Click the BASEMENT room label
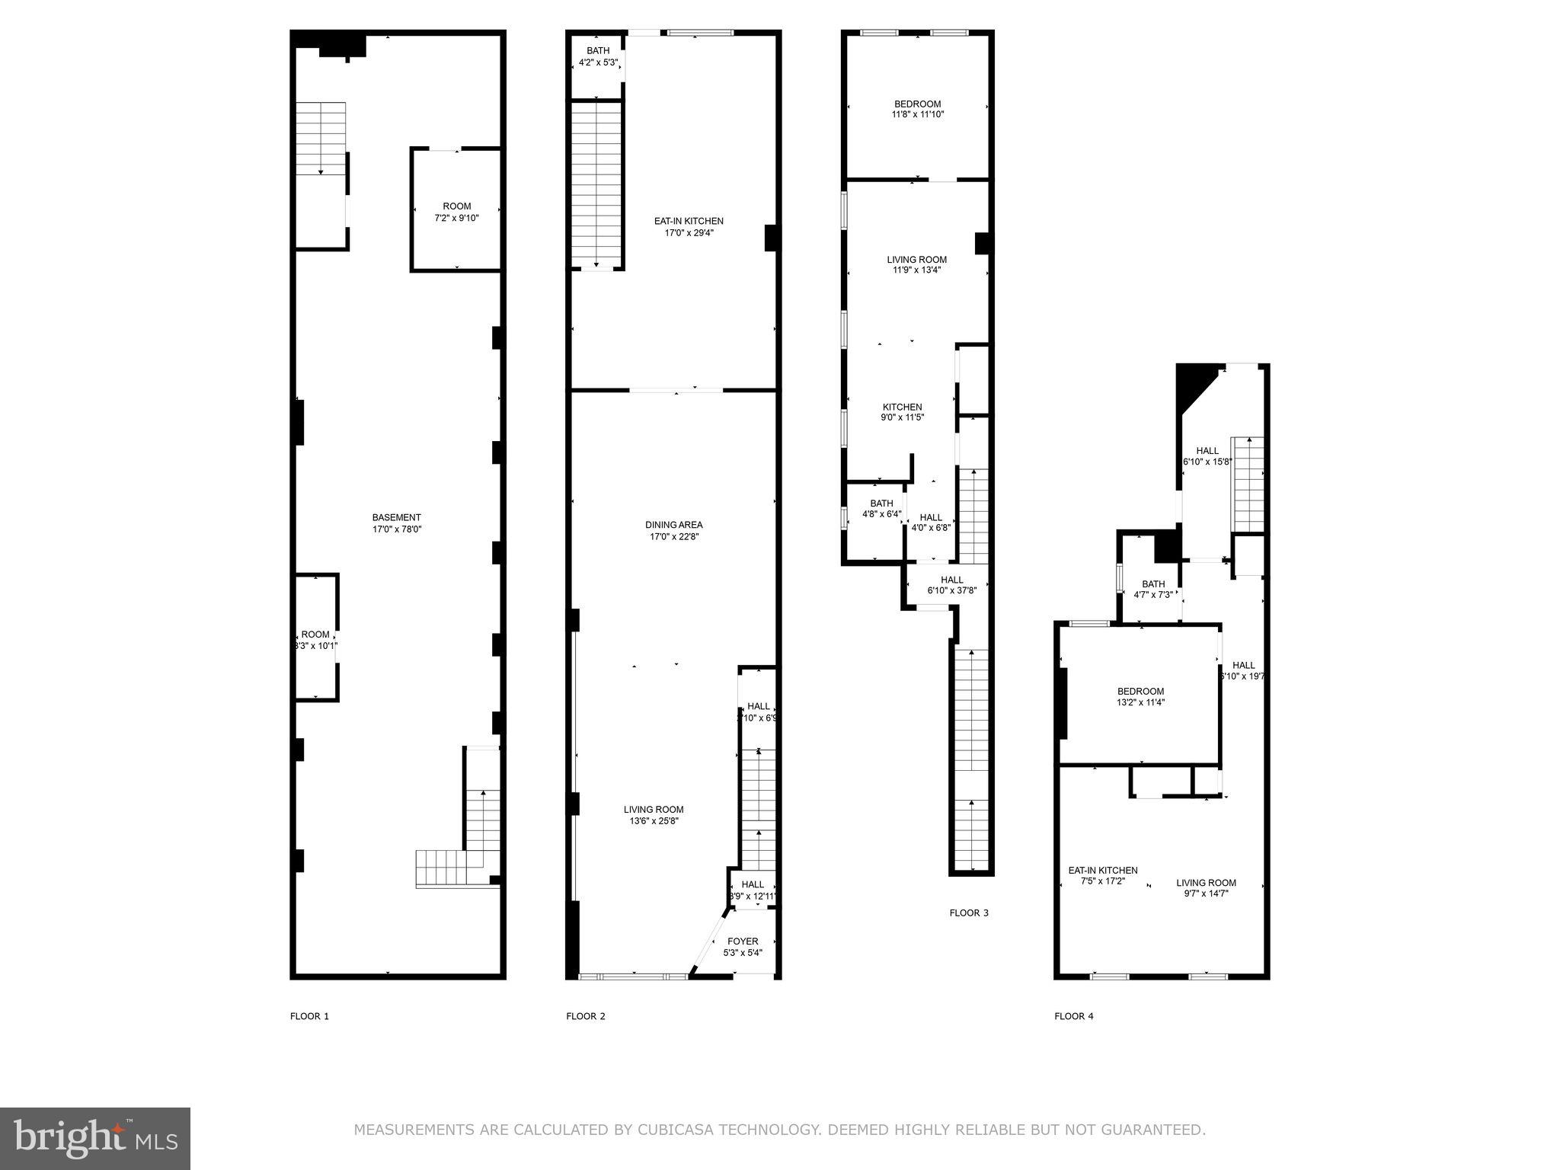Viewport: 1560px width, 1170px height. pyautogui.click(x=396, y=517)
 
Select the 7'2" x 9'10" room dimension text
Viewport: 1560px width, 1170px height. pyautogui.click(x=456, y=218)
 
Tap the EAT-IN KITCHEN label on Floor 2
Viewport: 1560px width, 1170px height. pyautogui.click(x=689, y=221)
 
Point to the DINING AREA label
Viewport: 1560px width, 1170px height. pyautogui.click(x=673, y=525)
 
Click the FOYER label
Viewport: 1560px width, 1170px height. pyautogui.click(x=742, y=941)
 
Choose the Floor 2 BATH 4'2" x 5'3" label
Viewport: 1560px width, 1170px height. pyautogui.click(x=598, y=56)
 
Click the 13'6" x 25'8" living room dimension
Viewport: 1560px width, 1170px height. pyautogui.click(x=653, y=821)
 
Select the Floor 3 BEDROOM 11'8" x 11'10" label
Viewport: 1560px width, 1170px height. pyautogui.click(x=917, y=109)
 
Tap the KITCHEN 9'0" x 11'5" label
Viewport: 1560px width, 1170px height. pyautogui.click(x=902, y=412)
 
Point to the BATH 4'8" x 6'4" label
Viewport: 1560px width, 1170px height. pyautogui.click(x=881, y=508)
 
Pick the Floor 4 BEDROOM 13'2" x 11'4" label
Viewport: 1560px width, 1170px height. pyautogui.click(x=1140, y=697)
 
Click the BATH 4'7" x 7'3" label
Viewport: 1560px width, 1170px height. pyautogui.click(x=1152, y=590)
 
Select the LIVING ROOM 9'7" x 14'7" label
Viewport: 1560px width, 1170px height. pyautogui.click(x=1206, y=888)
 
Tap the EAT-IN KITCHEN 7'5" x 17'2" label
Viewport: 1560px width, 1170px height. pyautogui.click(x=1102, y=875)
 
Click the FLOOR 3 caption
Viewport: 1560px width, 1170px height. pyautogui.click(x=968, y=913)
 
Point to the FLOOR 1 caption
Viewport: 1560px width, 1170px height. pyautogui.click(x=309, y=1015)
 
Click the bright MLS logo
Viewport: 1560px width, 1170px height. pyautogui.click(x=95, y=1138)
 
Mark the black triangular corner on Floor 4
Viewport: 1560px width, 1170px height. pyautogui.click(x=1192, y=385)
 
